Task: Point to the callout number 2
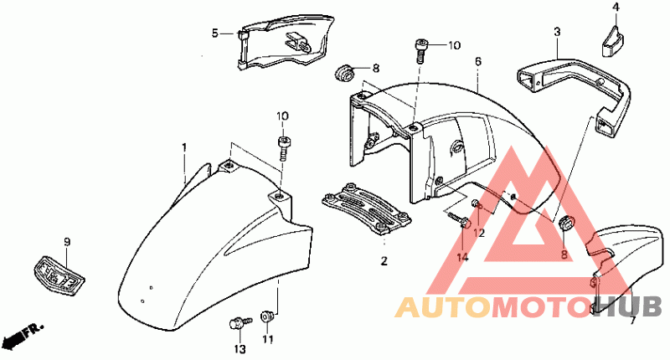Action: point(384,261)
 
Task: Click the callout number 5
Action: point(214,33)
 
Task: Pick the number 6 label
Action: point(477,61)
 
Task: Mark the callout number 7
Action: point(632,320)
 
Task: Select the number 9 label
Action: point(67,243)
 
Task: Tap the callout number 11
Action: point(268,340)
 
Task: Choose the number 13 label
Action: point(240,348)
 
